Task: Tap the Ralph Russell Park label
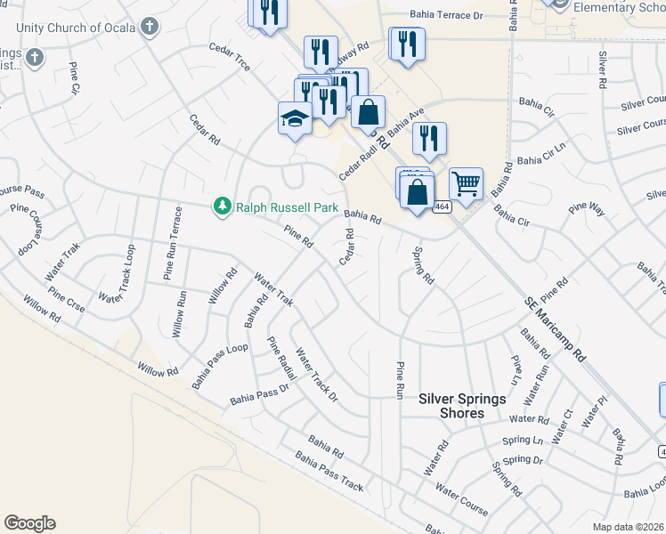[287, 207]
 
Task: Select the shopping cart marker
[466, 183]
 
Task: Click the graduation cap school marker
[295, 118]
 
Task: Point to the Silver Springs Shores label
[463, 406]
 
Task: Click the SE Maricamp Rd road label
[555, 328]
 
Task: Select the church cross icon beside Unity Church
[150, 27]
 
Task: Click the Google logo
[29, 523]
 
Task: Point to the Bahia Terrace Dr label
[445, 15]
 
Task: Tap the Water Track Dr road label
[316, 374]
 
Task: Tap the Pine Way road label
[585, 212]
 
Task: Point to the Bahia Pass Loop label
[219, 366]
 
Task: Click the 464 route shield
[441, 206]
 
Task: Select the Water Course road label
[461, 499]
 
